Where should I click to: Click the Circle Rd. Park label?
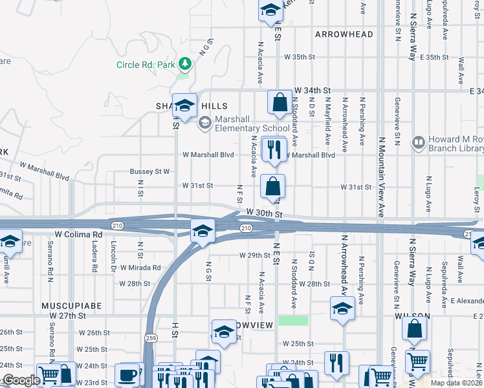pyautogui.click(x=146, y=65)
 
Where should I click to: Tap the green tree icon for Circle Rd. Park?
pyautogui.click(x=185, y=63)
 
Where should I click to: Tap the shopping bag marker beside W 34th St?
pyautogui.click(x=280, y=102)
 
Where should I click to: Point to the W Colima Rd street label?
pyautogui.click(x=79, y=234)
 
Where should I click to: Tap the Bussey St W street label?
pyautogui.click(x=149, y=171)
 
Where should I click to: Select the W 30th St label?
pyautogui.click(x=264, y=213)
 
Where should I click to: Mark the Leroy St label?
pyautogui.click(x=477, y=194)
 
